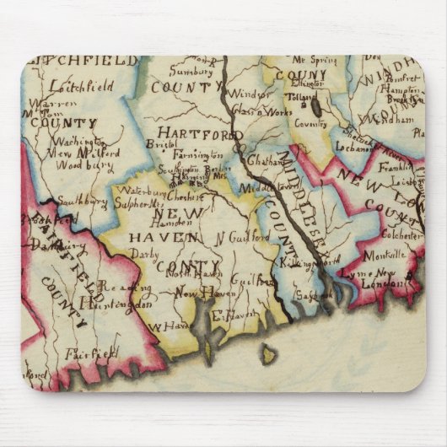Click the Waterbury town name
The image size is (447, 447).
(x=137, y=191)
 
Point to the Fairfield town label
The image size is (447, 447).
(x=90, y=354)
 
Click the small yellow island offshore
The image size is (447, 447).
(x=268, y=353)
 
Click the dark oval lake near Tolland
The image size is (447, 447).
(x=316, y=108)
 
